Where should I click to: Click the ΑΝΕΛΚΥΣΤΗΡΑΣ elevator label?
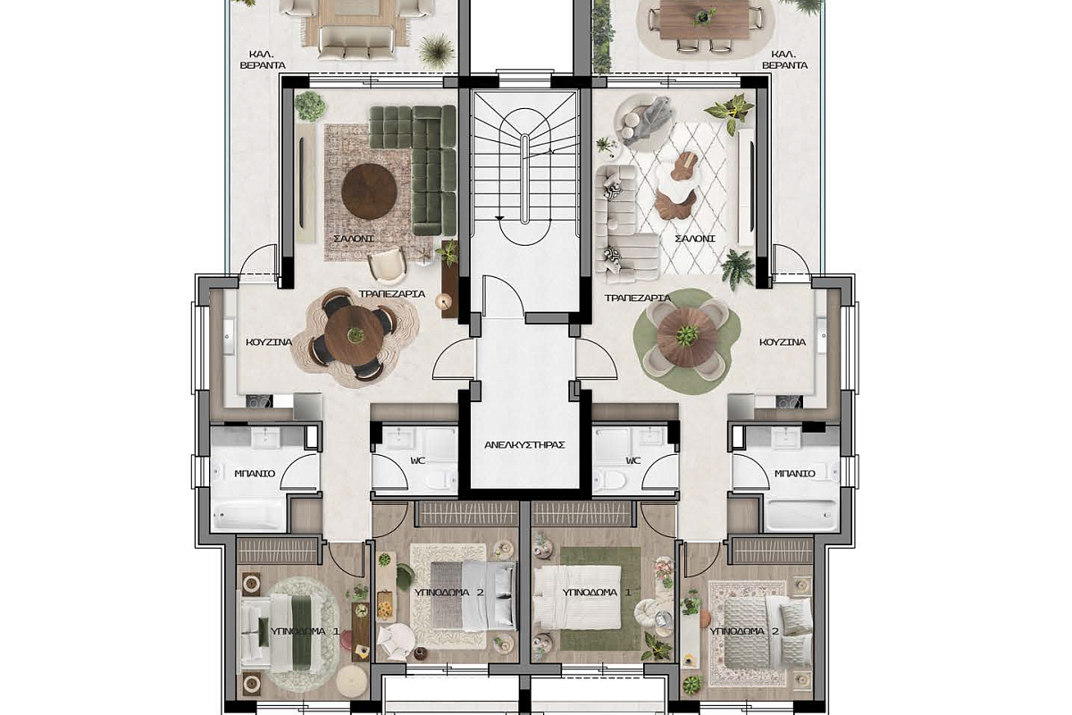(x=525, y=445)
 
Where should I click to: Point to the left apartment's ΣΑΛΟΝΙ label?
(x=354, y=238)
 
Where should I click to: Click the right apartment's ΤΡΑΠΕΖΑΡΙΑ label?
(x=638, y=298)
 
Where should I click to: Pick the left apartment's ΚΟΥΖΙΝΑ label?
(x=269, y=342)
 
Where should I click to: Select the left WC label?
(x=418, y=460)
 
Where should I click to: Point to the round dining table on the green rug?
(x=687, y=337)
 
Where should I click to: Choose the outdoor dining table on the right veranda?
(x=704, y=19)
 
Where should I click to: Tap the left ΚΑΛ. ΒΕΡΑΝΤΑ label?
(x=263, y=60)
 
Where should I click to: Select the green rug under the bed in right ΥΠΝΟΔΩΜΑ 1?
(x=600, y=599)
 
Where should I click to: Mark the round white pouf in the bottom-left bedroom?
(x=352, y=681)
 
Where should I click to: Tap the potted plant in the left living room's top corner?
(x=310, y=105)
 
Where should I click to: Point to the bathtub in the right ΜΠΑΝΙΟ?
(x=801, y=516)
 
